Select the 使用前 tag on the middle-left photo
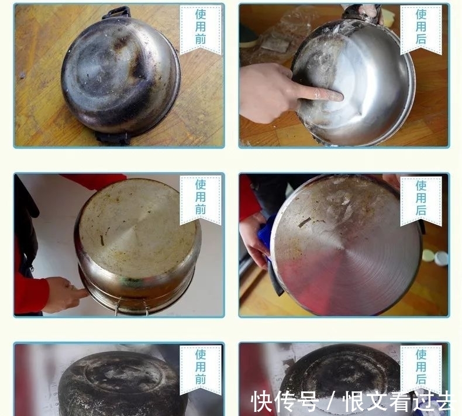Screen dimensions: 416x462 201,197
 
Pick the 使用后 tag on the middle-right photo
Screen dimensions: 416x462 421,198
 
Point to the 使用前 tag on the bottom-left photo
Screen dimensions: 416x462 201,367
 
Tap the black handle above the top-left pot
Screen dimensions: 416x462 116,12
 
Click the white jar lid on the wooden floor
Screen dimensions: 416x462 428,256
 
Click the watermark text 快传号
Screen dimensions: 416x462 284,402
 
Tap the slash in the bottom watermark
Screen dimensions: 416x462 331,403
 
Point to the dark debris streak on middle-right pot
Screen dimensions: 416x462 305,222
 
